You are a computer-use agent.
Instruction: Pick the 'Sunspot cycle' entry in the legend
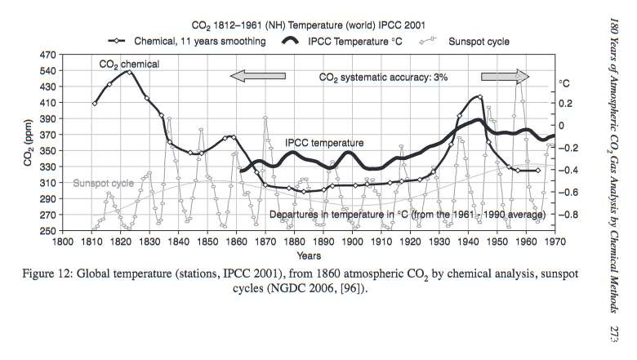click(x=478, y=41)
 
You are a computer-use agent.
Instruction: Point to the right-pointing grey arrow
click(x=505, y=76)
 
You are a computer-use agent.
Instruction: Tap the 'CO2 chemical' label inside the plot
click(x=129, y=63)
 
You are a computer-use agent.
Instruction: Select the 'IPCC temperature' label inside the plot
click(x=322, y=143)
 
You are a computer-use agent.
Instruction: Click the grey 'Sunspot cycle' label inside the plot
click(x=102, y=183)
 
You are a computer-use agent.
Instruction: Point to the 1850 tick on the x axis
click(x=207, y=242)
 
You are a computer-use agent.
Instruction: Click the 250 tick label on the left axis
click(x=47, y=231)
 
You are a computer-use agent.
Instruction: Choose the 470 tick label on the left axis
click(x=47, y=55)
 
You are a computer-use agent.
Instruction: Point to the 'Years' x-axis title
click(x=310, y=256)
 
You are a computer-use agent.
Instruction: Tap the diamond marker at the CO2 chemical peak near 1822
click(x=129, y=72)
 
